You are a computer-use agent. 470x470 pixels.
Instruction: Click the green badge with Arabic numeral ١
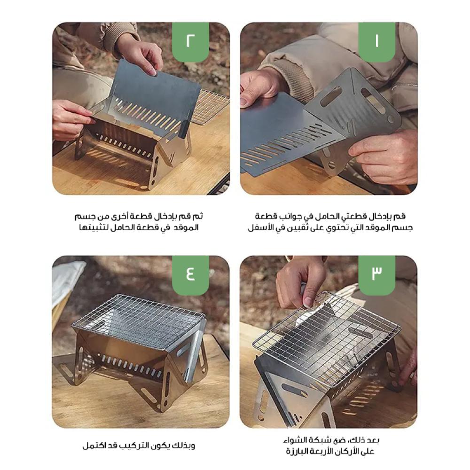[377, 42]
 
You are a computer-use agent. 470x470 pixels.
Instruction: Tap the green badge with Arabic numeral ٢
[190, 42]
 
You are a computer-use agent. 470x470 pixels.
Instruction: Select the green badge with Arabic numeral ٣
[377, 275]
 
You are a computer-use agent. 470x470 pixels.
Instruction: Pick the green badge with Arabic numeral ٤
[190, 275]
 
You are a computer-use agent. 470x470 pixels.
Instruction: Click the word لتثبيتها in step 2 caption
[92, 227]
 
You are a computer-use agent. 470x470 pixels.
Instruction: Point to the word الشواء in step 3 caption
[296, 440]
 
